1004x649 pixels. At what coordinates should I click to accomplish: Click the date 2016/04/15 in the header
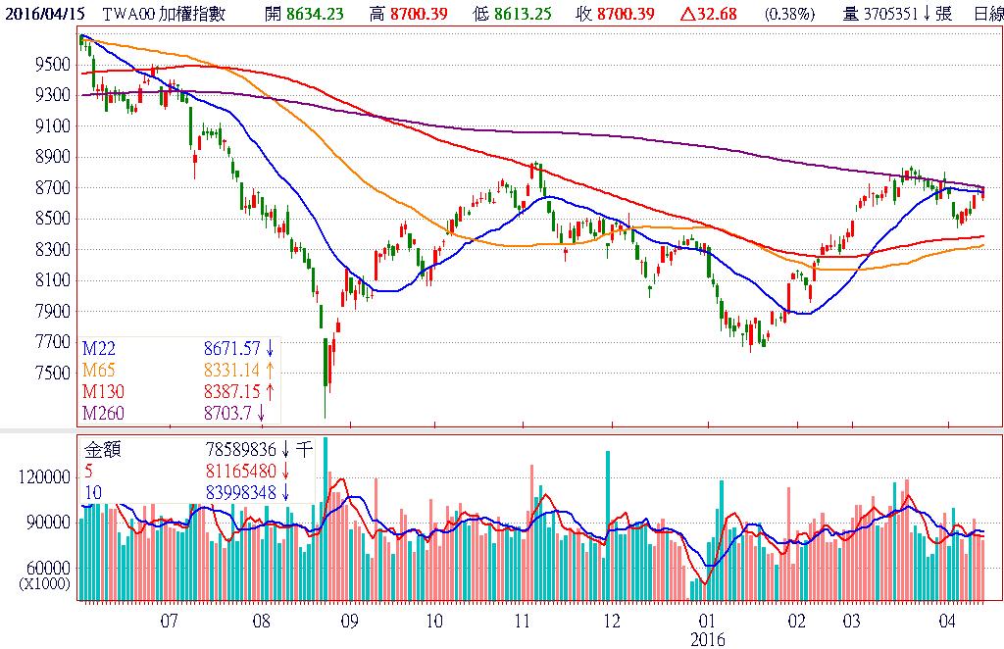[43, 15]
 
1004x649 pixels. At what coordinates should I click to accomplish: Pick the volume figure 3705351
[885, 15]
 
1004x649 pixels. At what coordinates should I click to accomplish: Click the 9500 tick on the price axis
[51, 65]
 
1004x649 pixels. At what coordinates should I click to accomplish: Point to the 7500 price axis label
[51, 374]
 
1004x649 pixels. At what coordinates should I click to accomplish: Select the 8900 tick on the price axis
[51, 157]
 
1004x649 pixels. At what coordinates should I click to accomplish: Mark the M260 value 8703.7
[228, 413]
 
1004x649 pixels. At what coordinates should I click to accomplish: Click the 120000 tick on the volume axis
[45, 476]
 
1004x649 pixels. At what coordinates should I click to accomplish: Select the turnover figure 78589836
[238, 451]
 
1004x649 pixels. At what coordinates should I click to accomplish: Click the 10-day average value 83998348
[238, 492]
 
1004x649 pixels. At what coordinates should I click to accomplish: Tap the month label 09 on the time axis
[350, 622]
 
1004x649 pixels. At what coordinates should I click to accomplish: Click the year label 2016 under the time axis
[708, 639]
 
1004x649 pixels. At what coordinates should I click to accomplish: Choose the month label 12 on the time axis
[612, 622]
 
